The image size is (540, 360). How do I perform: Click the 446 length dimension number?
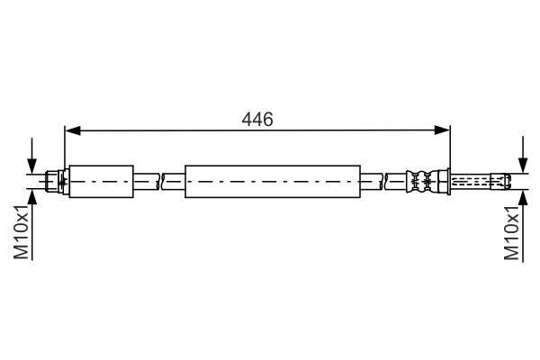[257, 119]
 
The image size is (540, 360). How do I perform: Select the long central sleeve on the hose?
[272, 181]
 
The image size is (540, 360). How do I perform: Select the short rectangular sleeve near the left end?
[101, 181]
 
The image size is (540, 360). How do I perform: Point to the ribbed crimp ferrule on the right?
[419, 181]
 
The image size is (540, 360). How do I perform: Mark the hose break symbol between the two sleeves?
[159, 181]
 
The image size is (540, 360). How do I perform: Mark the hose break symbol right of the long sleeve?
[383, 181]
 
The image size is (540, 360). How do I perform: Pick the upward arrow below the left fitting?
[33, 200]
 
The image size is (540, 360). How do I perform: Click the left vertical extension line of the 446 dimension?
[65, 148]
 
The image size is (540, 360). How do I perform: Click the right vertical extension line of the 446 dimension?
[449, 148]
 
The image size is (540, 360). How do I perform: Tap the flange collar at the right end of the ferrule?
[443, 181]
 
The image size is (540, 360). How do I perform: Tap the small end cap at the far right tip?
[508, 181]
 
